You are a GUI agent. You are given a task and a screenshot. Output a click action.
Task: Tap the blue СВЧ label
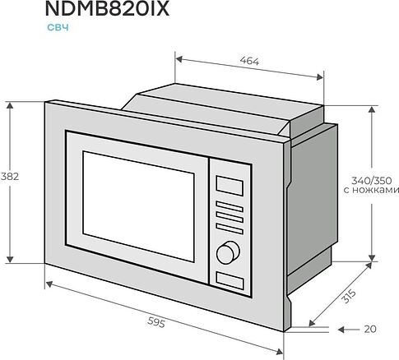[x=55, y=28]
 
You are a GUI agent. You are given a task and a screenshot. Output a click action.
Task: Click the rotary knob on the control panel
[x=226, y=250]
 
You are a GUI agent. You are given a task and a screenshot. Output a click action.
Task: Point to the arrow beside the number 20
[x=346, y=330]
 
